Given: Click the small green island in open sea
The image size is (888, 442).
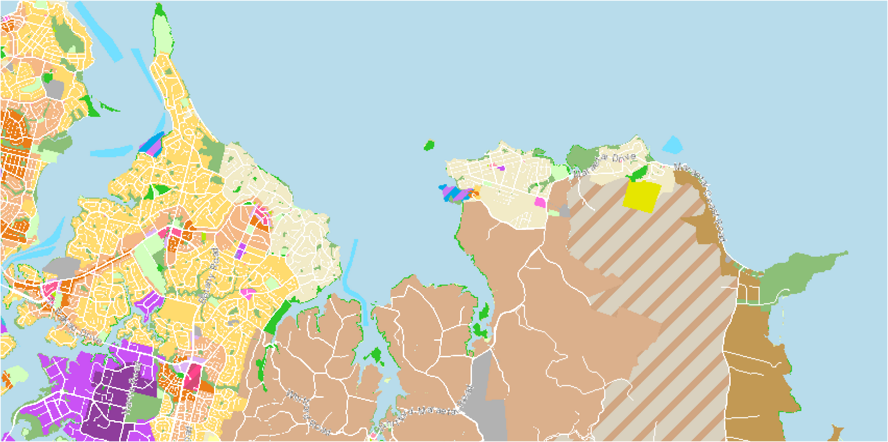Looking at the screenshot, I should (429, 146).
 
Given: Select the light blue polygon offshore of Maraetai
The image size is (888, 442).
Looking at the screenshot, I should (672, 145).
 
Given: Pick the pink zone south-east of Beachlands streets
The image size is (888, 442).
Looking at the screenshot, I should (540, 202).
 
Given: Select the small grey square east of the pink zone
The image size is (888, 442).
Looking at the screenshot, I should (564, 211).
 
